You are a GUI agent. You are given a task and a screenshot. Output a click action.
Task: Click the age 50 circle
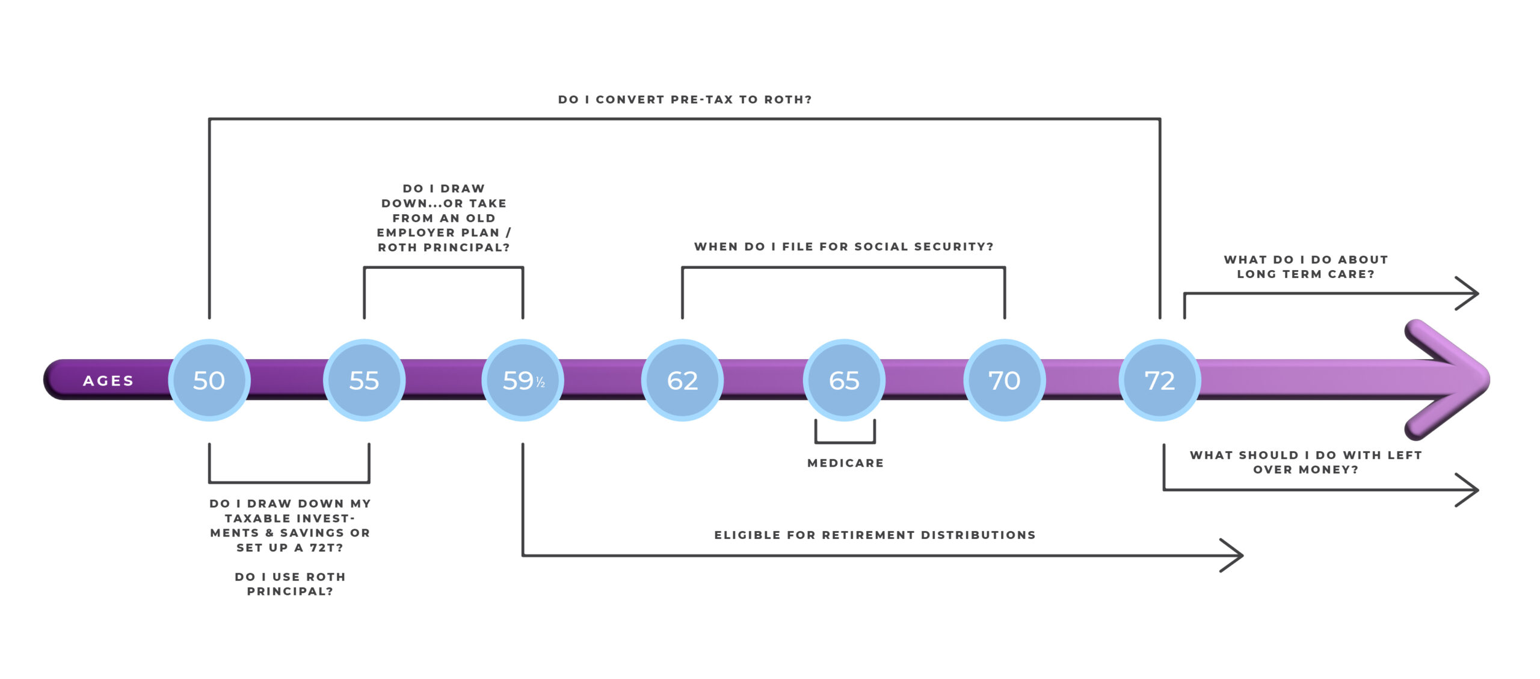tap(209, 380)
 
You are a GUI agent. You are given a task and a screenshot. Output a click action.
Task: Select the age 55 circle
tap(364, 380)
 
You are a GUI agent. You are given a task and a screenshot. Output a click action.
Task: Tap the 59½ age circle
tap(523, 380)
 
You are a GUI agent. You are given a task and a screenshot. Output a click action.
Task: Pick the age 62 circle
tap(682, 380)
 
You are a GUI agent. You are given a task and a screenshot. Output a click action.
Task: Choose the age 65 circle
tap(844, 380)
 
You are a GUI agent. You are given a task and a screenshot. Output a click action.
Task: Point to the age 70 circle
tap(1004, 380)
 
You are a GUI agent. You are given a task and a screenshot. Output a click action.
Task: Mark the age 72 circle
tap(1159, 380)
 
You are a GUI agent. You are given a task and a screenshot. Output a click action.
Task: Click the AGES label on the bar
tap(108, 381)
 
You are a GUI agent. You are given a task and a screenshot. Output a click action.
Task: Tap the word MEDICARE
tap(845, 463)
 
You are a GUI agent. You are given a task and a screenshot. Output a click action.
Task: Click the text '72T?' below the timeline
tap(326, 548)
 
